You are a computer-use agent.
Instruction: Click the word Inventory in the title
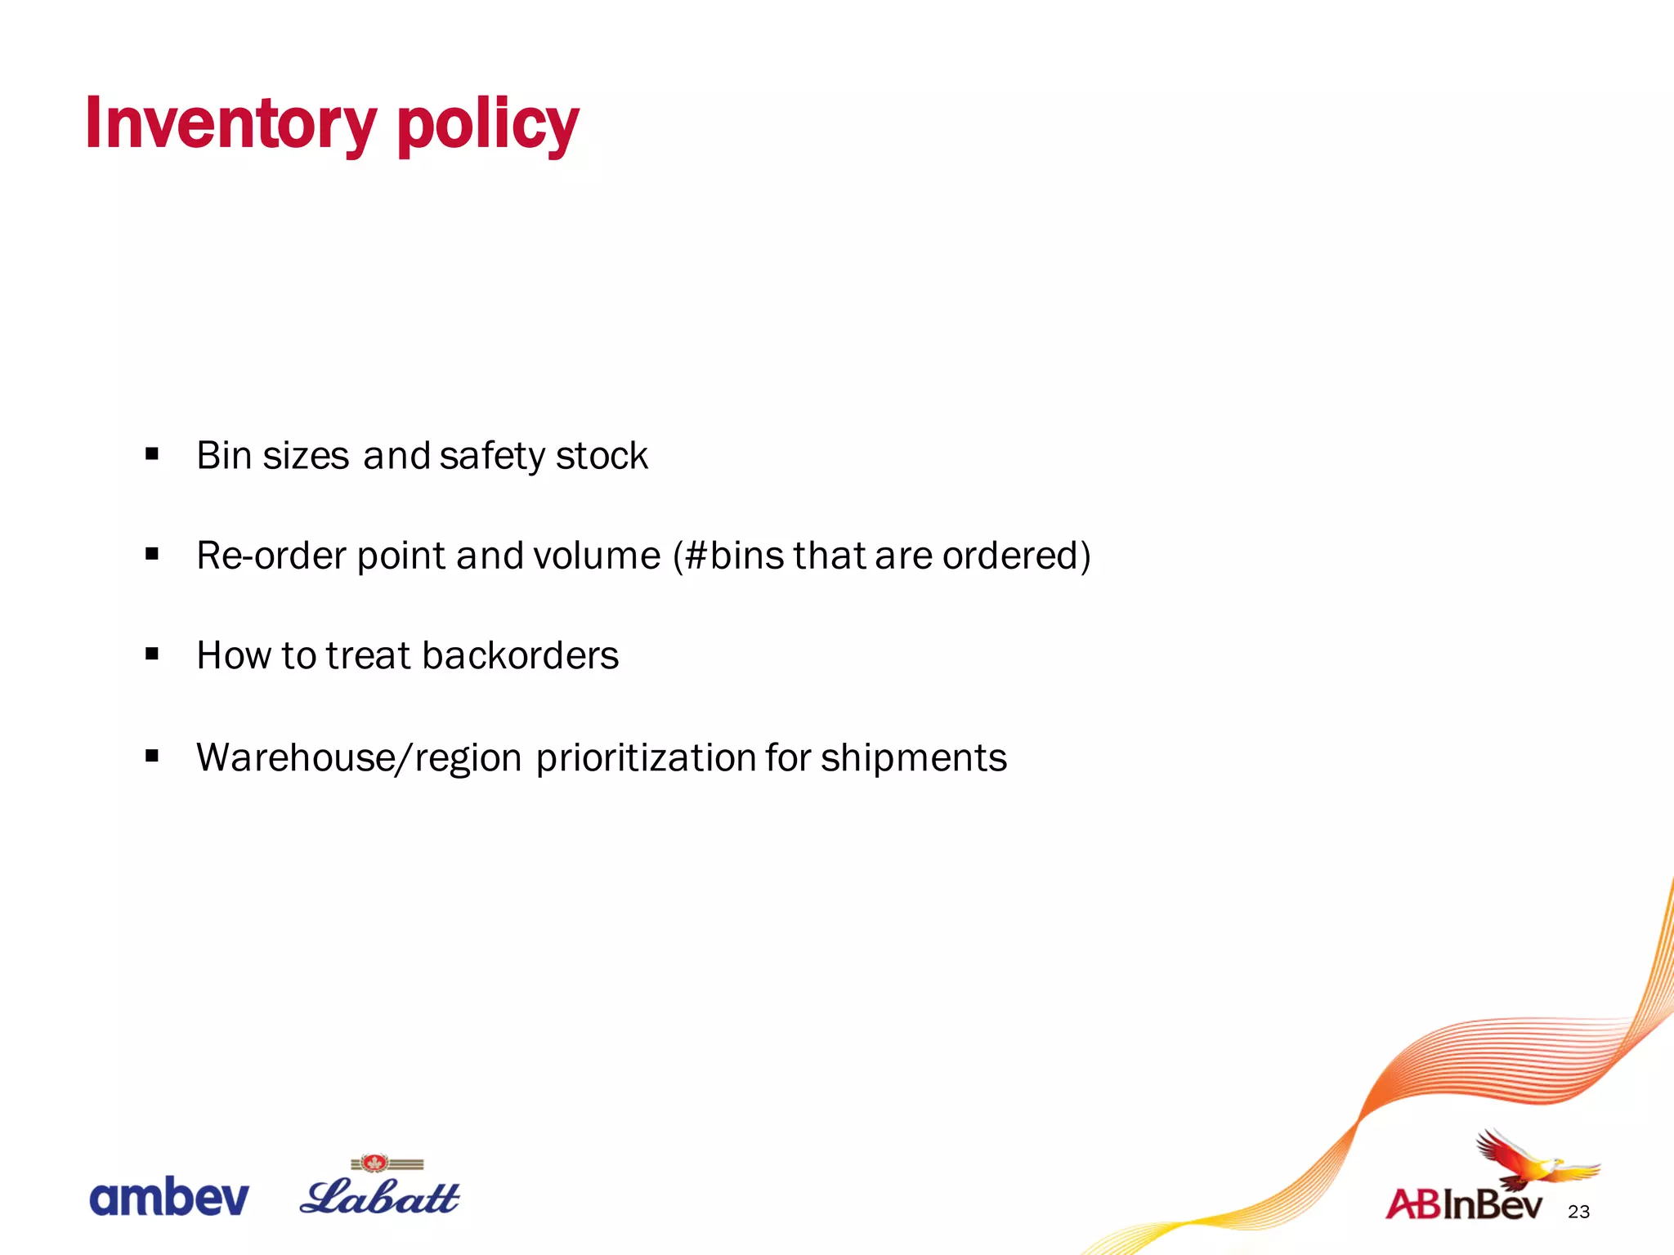(x=231, y=123)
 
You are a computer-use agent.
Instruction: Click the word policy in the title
(x=487, y=125)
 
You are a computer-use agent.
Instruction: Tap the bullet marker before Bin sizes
(x=152, y=454)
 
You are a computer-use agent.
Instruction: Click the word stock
(x=602, y=455)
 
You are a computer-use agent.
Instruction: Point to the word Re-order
(x=271, y=556)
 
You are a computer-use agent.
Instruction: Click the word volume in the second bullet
(x=597, y=556)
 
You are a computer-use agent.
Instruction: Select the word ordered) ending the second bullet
(x=1016, y=556)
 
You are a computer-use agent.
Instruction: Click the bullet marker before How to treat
(x=152, y=654)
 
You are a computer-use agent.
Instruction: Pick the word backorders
(x=521, y=655)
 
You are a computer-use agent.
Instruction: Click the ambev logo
(x=168, y=1198)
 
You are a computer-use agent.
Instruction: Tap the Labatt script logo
(x=380, y=1195)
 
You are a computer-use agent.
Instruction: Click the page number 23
(x=1578, y=1212)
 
